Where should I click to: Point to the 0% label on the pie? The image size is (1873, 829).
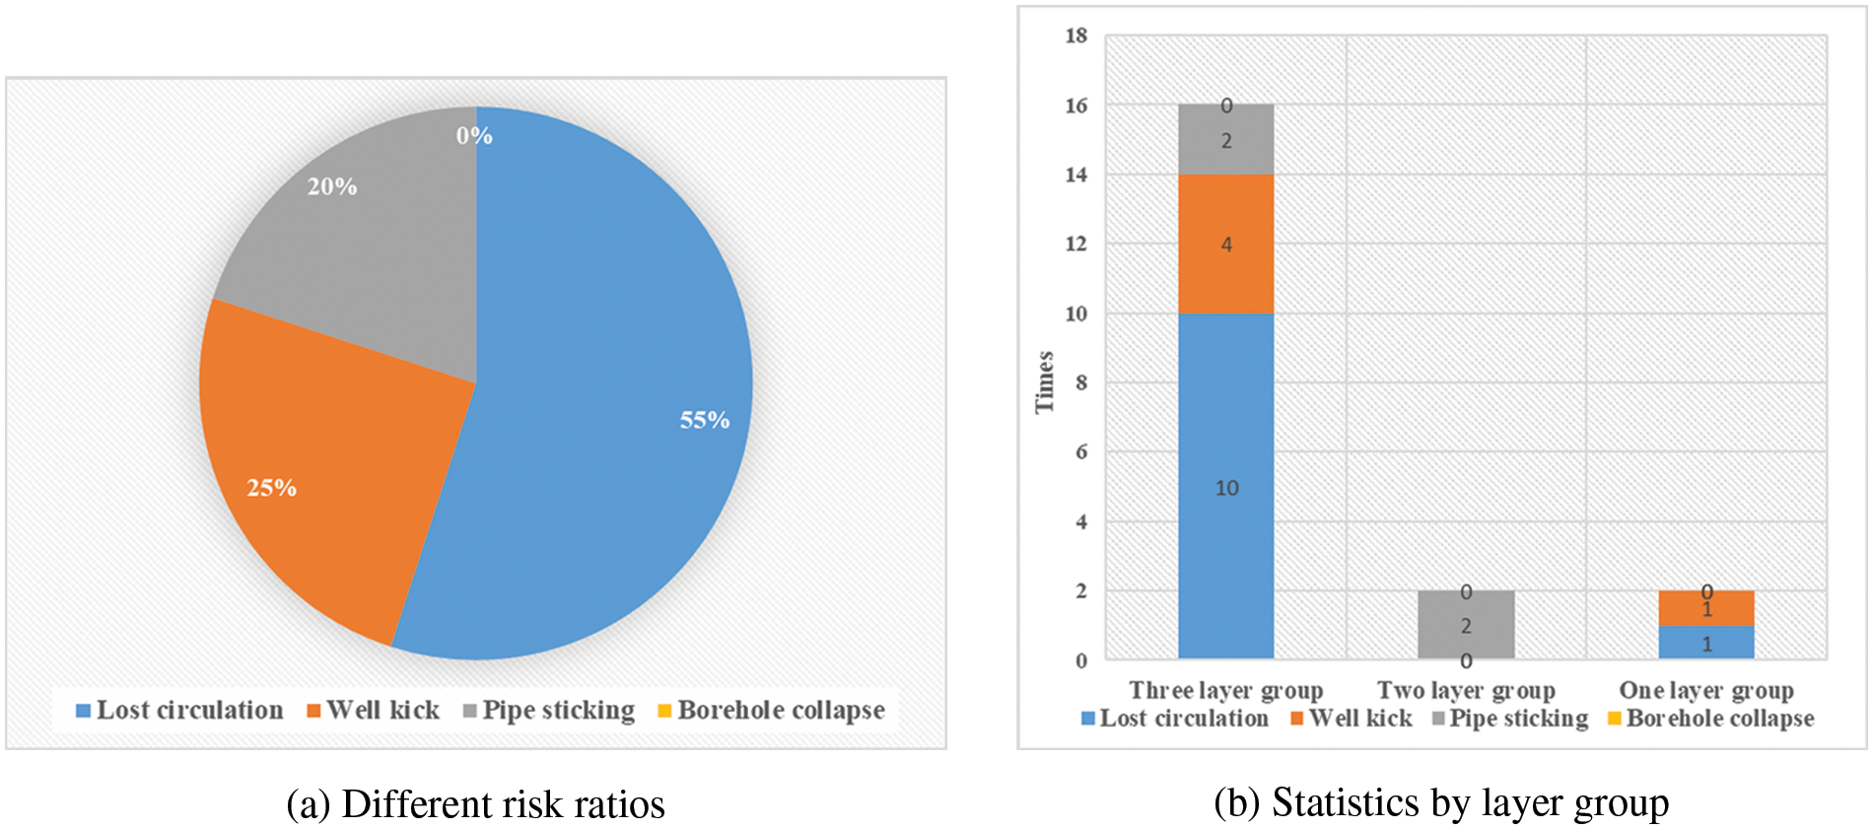click(x=474, y=136)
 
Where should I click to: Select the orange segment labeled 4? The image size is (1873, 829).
click(x=1225, y=243)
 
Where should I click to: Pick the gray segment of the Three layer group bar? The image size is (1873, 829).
click(x=1225, y=140)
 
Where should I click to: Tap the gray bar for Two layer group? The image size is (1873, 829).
click(x=1466, y=625)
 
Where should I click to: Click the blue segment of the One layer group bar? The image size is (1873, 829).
click(x=1706, y=643)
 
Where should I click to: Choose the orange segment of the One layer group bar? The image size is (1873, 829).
click(x=1706, y=608)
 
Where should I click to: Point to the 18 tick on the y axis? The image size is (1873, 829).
click(x=1075, y=36)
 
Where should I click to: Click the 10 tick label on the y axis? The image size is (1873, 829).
click(x=1075, y=313)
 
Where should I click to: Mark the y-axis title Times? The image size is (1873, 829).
click(x=1045, y=382)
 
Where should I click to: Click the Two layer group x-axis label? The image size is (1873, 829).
click(x=1466, y=690)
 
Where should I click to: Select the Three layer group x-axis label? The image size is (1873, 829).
click(x=1225, y=690)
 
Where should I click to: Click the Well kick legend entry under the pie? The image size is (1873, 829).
click(x=374, y=710)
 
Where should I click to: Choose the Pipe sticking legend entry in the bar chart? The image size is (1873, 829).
click(x=1510, y=719)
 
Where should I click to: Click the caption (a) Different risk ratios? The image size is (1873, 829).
click(x=475, y=804)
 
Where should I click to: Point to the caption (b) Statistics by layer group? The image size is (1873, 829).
click(x=1441, y=802)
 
